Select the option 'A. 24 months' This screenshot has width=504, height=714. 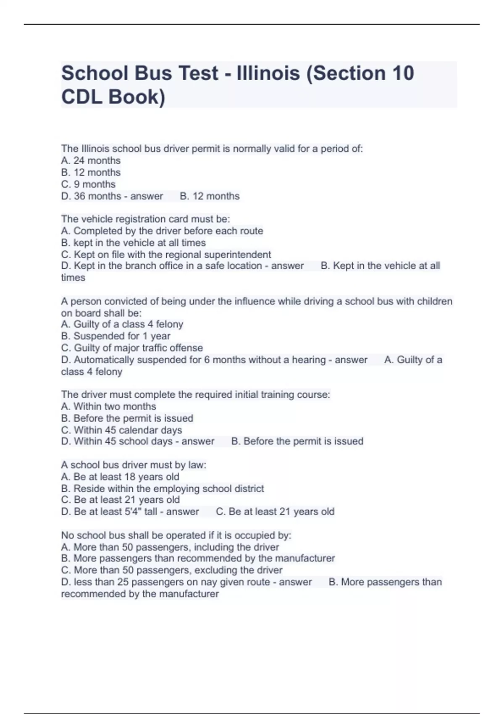point(91,160)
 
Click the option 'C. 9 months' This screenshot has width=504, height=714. point(88,184)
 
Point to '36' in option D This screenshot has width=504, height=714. point(79,196)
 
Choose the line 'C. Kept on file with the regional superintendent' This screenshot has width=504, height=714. point(166,255)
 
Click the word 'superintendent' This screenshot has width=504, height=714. point(240,255)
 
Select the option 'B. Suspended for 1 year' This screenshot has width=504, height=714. point(115,336)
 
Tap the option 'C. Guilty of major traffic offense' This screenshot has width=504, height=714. point(132,348)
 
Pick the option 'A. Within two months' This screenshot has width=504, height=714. point(108,406)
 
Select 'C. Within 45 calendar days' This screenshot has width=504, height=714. point(121,430)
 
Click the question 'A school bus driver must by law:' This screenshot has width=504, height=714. point(134,465)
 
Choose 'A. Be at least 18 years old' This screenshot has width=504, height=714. point(120,477)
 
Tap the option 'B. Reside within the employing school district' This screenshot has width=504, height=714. point(163,488)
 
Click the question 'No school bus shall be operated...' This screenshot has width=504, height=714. point(176,535)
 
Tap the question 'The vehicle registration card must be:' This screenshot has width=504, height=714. point(145,219)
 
